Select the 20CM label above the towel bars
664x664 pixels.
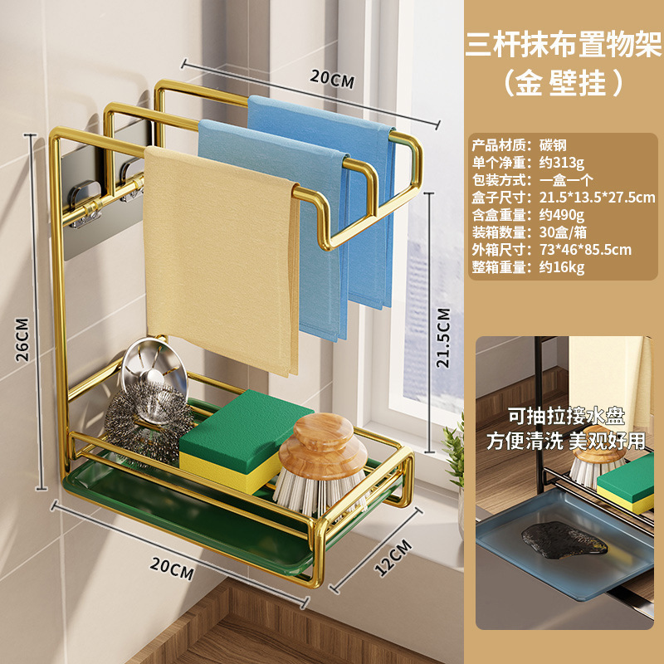coord(332,81)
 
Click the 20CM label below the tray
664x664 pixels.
coord(173,570)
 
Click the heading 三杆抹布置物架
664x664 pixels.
coord(564,41)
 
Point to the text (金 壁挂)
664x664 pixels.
coord(564,83)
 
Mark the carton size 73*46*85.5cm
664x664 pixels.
coord(585,250)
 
